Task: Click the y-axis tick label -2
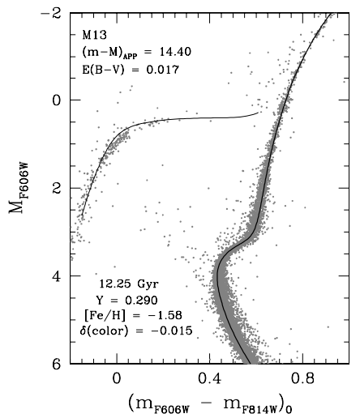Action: pos(54,13)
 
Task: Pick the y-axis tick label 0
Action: pos(59,100)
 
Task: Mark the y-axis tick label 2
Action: pos(59,188)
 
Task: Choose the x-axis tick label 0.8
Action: pos(303,378)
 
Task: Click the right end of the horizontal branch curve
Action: pos(259,113)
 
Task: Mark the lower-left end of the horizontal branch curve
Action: pos(81,217)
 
